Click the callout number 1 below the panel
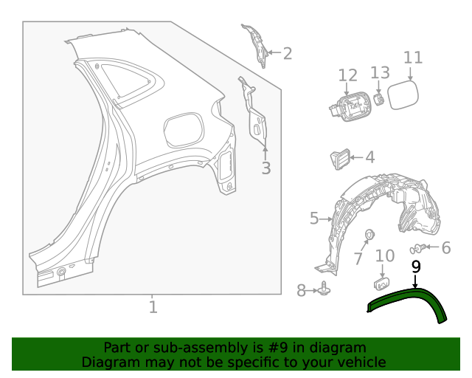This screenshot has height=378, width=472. tap(153, 306)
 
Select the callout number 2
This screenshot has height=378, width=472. tap(287, 53)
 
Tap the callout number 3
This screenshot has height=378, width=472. tap(265, 168)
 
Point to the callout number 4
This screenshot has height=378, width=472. tap(369, 157)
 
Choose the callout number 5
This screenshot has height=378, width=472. tap(314, 219)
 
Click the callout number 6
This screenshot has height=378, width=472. tap(445, 248)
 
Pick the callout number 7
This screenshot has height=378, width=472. tap(358, 259)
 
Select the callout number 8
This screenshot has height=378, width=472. tap(301, 291)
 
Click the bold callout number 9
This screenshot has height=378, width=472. tap(415, 267)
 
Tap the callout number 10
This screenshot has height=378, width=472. tap(385, 256)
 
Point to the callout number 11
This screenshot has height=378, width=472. tap(413, 58)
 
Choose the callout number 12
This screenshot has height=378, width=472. tap(347, 75)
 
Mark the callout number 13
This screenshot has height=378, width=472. tap(380, 72)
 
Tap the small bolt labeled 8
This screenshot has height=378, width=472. tap(324, 291)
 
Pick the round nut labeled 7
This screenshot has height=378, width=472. tap(369, 235)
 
